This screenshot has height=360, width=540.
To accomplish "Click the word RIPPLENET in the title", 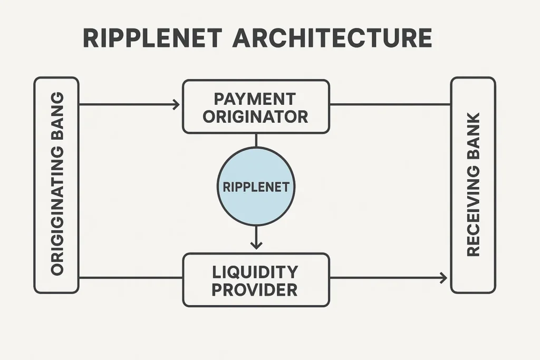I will point(152,39).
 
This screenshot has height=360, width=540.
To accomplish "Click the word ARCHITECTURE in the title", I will point(332,39).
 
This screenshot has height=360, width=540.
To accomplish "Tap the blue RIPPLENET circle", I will point(256,187).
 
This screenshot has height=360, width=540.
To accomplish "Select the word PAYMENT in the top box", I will point(255,99).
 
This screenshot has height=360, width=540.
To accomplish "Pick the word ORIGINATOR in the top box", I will point(255,116).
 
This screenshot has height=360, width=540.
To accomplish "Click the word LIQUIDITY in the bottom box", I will point(256,272).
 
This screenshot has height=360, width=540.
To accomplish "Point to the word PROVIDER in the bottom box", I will point(256,289).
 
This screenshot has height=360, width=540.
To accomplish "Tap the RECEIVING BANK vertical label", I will point(473,184).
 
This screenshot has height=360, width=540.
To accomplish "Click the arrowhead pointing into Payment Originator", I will point(176,104).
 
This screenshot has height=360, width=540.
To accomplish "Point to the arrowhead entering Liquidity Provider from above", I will point(256,245).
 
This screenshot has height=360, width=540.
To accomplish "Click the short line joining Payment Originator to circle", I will point(256,140).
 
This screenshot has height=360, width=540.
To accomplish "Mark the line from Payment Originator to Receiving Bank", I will point(390,104).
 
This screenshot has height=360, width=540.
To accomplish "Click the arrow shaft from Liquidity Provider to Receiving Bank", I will point(385,278).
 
